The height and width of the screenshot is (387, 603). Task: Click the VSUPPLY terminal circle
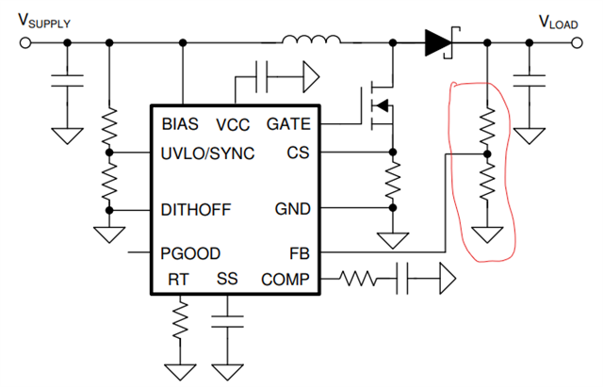25,42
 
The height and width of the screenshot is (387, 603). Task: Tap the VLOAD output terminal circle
577,42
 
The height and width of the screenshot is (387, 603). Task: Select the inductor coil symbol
312,40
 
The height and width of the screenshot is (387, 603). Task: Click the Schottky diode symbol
442,42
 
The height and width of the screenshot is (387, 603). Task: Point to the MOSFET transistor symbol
379,105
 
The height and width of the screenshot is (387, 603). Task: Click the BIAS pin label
180,124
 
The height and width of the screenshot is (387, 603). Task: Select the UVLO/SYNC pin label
207,153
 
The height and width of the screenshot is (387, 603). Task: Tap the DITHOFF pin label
196,210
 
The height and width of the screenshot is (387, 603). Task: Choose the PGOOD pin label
190,253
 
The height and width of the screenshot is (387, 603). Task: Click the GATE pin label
288,124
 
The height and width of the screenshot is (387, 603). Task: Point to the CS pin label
298,153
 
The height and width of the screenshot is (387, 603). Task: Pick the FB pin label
300,253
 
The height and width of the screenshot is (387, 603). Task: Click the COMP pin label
285,280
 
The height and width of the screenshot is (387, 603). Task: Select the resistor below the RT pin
180,320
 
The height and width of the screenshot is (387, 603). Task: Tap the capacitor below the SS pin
227,322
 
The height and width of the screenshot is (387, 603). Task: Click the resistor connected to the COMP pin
358,279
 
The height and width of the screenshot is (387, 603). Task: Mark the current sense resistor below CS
393,180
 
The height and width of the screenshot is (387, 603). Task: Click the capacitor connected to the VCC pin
262,76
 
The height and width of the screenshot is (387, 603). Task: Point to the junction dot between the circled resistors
487,154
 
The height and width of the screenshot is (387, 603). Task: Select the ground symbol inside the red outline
487,234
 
